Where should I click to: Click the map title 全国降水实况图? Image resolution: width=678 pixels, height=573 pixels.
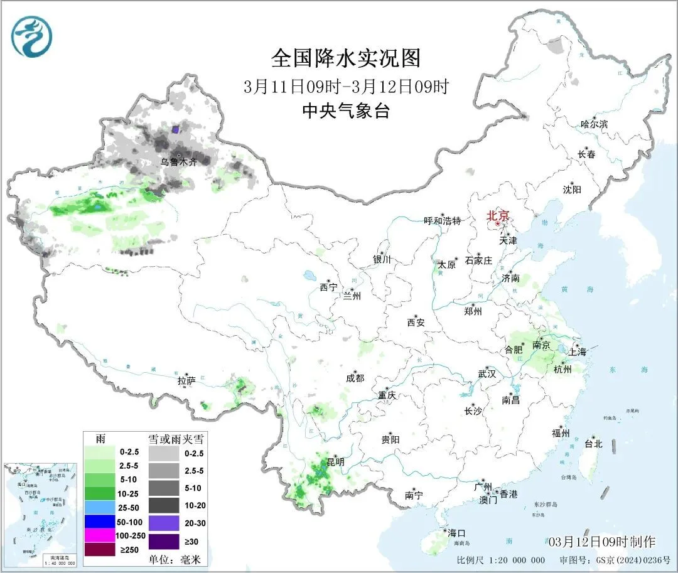346,58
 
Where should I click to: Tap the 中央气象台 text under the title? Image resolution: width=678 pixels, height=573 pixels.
346,111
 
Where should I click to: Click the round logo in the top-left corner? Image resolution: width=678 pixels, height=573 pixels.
31,36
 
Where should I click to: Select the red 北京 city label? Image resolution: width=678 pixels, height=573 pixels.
500,215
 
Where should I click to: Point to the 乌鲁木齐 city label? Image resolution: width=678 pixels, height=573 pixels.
178,162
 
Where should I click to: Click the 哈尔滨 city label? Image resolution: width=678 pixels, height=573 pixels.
594,124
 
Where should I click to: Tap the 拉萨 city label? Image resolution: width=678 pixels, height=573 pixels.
186,380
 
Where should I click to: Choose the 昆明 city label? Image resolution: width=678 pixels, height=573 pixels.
335,461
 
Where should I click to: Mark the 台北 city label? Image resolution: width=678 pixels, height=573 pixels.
593,444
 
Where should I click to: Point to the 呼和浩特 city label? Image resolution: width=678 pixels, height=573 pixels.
442,221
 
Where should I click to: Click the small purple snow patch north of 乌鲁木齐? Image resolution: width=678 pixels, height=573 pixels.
176,129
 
